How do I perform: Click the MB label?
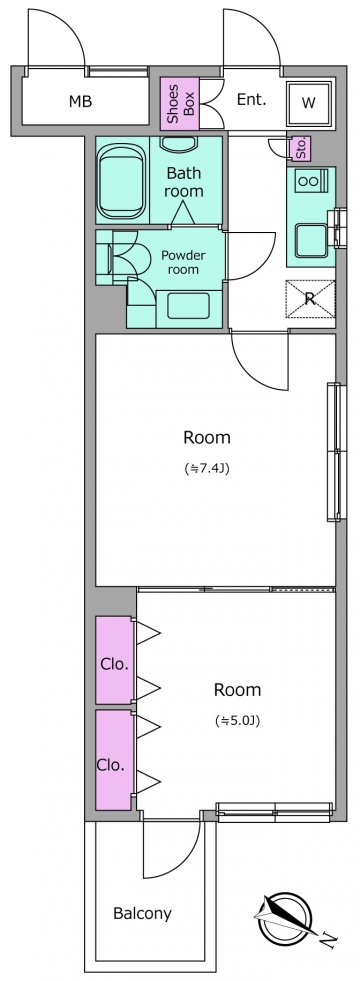pyautogui.click(x=80, y=101)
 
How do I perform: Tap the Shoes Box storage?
pyautogui.click(x=180, y=103)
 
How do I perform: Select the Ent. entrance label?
pyautogui.click(x=252, y=99)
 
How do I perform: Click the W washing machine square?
pyautogui.click(x=309, y=103)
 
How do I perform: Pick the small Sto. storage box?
pyautogui.click(x=301, y=148)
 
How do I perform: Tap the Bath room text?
pyautogui.click(x=183, y=182)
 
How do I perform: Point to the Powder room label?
pyautogui.click(x=183, y=263)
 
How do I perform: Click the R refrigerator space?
pyautogui.click(x=311, y=299)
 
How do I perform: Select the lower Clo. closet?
pyautogui.click(x=115, y=760)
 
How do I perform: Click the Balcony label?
pyautogui.click(x=142, y=913)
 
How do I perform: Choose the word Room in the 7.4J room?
pyautogui.click(x=207, y=437)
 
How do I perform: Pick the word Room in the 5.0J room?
pyautogui.click(x=237, y=690)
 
